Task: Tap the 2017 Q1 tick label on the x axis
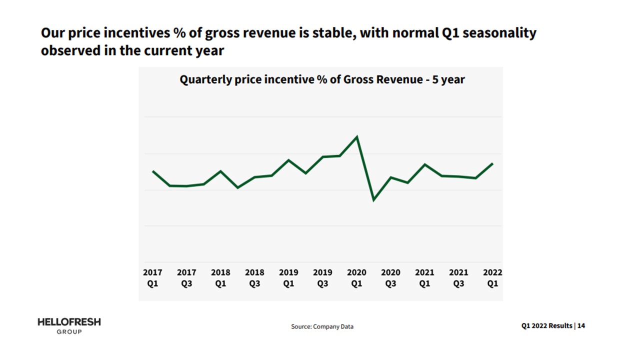click(152, 278)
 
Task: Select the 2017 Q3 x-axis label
click(186, 278)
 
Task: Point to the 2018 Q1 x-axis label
click(220, 278)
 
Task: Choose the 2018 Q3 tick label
click(254, 278)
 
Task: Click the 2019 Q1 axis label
click(288, 278)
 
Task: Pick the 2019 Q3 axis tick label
click(322, 278)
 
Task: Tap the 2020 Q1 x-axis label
click(356, 278)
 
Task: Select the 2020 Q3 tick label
click(390, 278)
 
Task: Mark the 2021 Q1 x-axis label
click(424, 278)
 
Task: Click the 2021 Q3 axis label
click(458, 278)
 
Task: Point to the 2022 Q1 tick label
click(492, 278)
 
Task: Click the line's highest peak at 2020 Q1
click(356, 136)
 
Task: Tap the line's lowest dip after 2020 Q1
click(373, 200)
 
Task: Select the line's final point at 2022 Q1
click(492, 164)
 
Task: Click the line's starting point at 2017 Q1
click(153, 171)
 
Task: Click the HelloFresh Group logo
click(69, 325)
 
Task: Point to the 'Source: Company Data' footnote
click(322, 326)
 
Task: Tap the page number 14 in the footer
click(581, 325)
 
